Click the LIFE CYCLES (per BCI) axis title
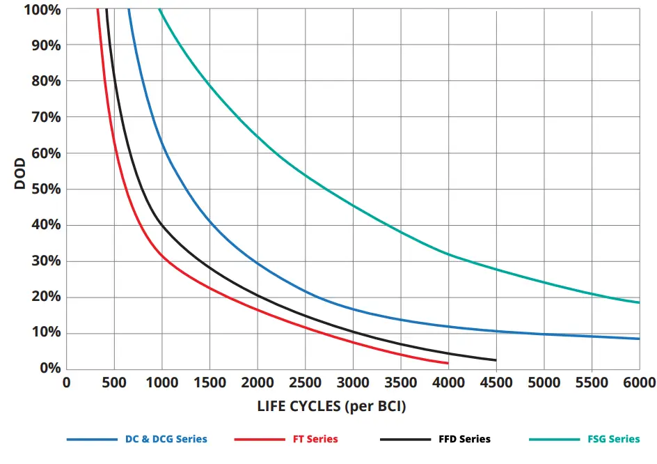pos(331,406)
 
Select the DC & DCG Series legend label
pos(166,439)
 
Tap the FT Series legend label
pos(311,439)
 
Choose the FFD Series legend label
pos(464,439)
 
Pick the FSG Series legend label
pos(613,439)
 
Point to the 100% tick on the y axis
pos(43,10)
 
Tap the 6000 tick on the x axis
pos(639,382)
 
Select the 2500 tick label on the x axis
pos(305,382)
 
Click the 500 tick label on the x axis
pos(114,382)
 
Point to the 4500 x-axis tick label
pos(496,382)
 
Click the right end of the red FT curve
pos(448,363)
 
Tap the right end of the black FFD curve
pos(496,360)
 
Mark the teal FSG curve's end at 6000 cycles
pos(638,302)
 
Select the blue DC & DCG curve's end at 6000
pos(638,339)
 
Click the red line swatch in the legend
pos(258,440)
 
